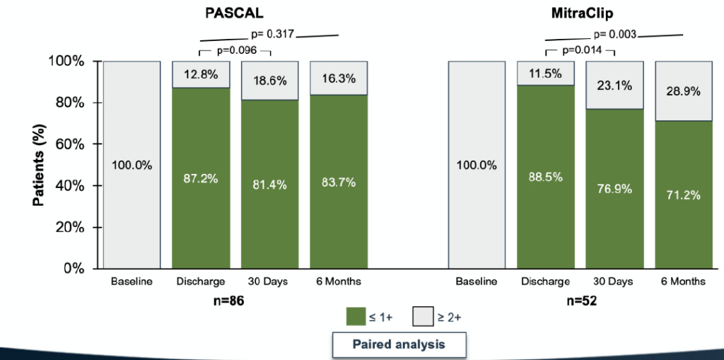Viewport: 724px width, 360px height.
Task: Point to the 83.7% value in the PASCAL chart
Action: (x=337, y=182)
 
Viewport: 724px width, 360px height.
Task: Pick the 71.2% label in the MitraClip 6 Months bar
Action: (x=682, y=195)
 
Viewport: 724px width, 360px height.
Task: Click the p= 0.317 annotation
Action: (x=271, y=33)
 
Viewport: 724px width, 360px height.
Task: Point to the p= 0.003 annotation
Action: (x=615, y=33)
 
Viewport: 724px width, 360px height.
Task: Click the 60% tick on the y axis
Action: (x=69, y=144)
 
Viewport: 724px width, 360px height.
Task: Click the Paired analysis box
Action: (x=399, y=344)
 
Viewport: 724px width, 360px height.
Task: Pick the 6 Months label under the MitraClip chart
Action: (x=682, y=281)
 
